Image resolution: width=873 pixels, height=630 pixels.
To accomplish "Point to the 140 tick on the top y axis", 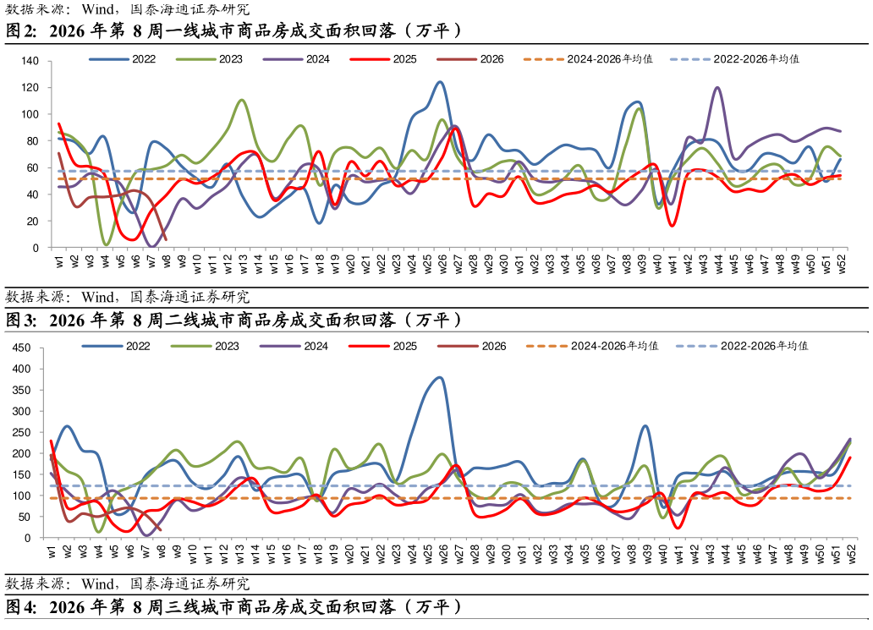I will [30, 62].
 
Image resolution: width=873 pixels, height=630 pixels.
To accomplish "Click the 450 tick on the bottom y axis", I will [23, 348].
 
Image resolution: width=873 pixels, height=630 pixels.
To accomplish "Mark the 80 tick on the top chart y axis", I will [33, 141].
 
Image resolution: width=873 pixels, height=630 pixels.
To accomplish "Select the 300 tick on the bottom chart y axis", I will [23, 412].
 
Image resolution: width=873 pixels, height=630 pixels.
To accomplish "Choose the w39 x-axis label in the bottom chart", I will [645, 555].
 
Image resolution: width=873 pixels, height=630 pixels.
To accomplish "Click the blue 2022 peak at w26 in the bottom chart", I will [439, 377].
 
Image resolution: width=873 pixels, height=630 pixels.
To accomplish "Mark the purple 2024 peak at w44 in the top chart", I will [718, 87].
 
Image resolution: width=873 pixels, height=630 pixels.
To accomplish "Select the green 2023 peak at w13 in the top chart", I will [242, 100].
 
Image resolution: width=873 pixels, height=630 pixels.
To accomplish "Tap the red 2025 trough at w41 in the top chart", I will [673, 225].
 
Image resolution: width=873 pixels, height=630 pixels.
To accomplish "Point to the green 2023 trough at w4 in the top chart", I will [106, 244].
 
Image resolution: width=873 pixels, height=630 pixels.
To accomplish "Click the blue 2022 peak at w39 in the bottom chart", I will [645, 425].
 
